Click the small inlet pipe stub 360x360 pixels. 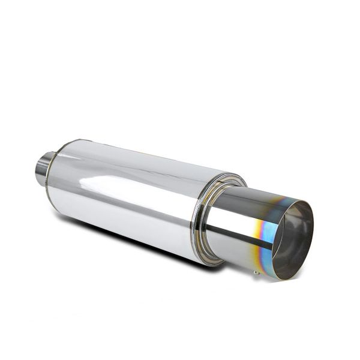43,168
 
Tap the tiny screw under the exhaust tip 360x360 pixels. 256,273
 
